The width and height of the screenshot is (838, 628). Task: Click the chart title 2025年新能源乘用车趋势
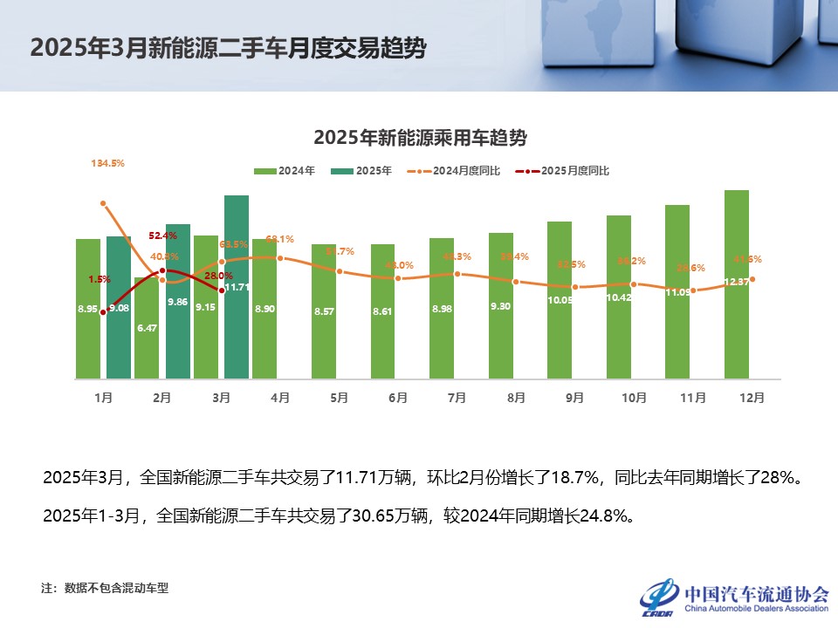coord(419,138)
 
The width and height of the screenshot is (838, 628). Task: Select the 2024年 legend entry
coord(285,171)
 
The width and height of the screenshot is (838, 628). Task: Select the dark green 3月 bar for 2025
coord(237,287)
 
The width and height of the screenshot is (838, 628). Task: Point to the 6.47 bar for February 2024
coord(148,328)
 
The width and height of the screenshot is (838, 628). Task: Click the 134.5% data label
coord(107,162)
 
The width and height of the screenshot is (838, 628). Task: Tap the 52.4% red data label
coord(162,235)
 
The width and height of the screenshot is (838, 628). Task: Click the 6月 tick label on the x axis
coord(398,398)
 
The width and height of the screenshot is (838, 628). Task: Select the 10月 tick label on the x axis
coord(634,398)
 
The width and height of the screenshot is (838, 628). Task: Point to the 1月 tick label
coord(103,398)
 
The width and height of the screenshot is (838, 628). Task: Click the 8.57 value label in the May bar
coord(324,311)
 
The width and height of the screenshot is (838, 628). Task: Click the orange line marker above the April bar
coord(280,258)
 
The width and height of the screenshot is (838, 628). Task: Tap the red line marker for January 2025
coord(103,311)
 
